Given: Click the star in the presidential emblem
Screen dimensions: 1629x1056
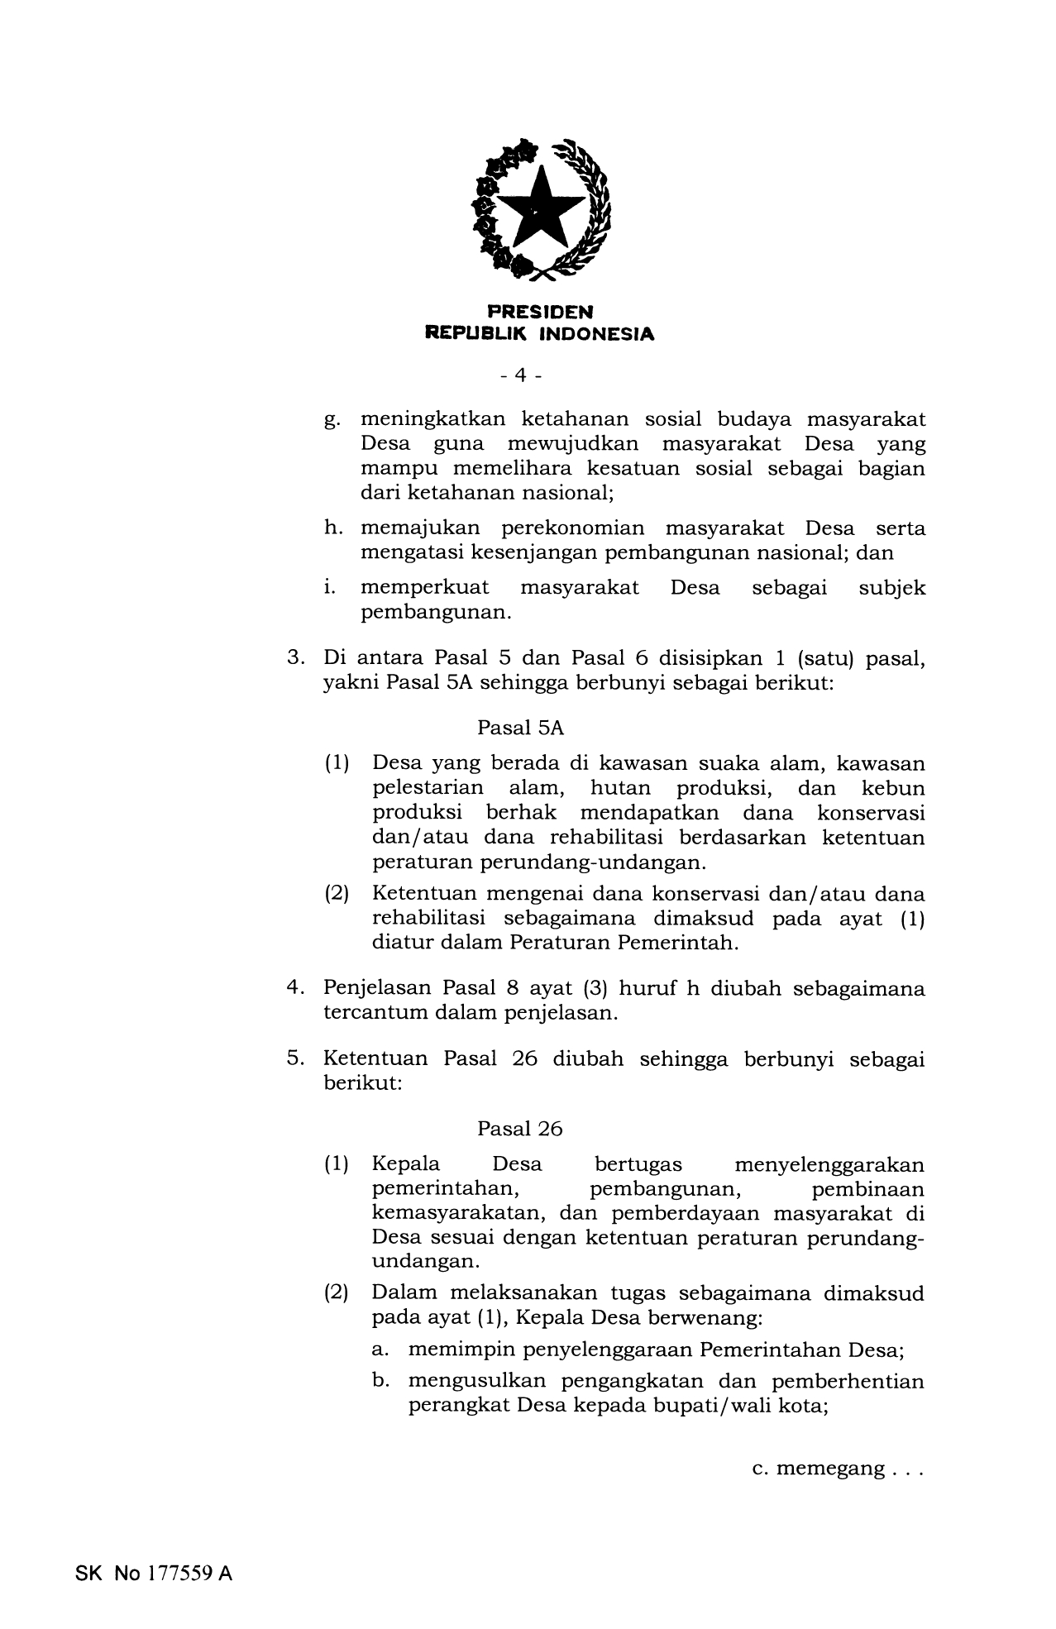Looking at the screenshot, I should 537,209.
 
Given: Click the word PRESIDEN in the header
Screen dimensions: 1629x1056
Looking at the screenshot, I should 539,312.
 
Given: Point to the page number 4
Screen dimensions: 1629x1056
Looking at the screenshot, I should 520,375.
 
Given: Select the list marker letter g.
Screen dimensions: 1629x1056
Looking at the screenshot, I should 331,420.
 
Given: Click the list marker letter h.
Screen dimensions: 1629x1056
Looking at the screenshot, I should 331,528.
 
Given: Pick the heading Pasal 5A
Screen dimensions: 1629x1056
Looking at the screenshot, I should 520,728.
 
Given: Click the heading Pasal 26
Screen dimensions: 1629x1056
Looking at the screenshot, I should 519,1129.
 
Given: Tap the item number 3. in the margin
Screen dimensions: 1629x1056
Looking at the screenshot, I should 296,658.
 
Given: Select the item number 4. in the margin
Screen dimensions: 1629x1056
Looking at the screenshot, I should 296,988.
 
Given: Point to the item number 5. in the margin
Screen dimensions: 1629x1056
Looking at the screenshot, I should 296,1058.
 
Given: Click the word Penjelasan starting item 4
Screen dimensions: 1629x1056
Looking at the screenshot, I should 375,988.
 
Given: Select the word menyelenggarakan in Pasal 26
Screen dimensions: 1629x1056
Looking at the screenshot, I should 829,1164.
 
